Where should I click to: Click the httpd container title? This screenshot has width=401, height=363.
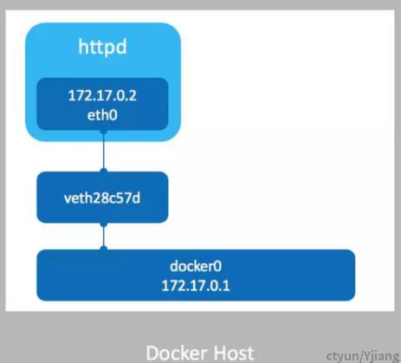[x=102, y=47]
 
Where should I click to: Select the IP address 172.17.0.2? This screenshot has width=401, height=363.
[x=102, y=95]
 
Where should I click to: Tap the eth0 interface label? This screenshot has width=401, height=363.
[x=102, y=115]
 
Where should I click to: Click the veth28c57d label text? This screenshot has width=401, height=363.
[x=102, y=198]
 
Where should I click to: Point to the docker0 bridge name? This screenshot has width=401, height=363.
[x=196, y=266]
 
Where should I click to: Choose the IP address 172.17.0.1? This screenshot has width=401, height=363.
[x=196, y=286]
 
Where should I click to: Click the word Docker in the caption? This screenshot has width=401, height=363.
[x=177, y=353]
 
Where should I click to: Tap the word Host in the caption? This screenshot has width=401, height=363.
[x=235, y=353]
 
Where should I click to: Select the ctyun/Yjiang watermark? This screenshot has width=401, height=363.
[x=363, y=356]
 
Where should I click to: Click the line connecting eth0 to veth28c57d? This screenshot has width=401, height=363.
[x=103, y=151]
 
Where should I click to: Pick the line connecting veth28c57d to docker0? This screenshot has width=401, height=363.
[x=103, y=237]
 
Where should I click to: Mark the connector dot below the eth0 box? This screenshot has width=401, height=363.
[x=103, y=132]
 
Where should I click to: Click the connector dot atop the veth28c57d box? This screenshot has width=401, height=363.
[x=103, y=171]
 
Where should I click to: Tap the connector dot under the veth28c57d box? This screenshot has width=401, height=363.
[x=103, y=224]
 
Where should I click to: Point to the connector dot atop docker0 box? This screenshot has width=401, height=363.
[x=103, y=249]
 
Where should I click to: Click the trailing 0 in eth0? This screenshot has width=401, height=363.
[x=113, y=115]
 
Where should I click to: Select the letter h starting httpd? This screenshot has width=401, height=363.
[x=82, y=47]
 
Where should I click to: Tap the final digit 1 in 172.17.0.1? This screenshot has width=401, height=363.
[x=226, y=286]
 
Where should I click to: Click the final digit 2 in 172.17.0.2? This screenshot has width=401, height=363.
[x=133, y=95]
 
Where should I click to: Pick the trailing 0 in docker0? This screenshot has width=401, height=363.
[x=218, y=266]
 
